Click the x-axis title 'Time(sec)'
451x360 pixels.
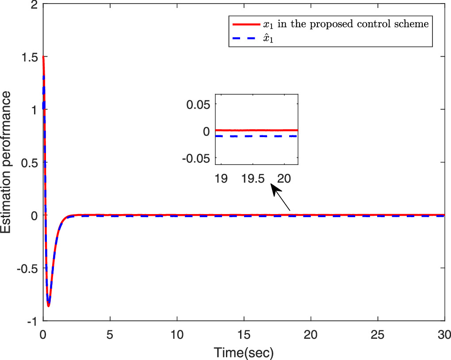pos(244,352)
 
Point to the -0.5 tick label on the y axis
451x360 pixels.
pos(27,268)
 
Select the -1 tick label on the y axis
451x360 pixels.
pos(32,321)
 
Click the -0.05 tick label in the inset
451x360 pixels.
pos(199,158)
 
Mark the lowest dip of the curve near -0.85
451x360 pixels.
pos(48,305)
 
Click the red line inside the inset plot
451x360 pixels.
pos(256,130)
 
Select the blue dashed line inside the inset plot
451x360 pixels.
pos(256,136)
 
